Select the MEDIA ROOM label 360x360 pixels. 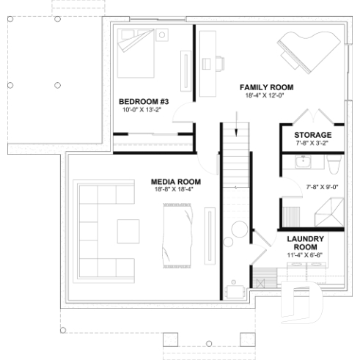pos(176,181)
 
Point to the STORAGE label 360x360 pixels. pos(312,136)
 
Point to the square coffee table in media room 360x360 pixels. pos(131,231)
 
